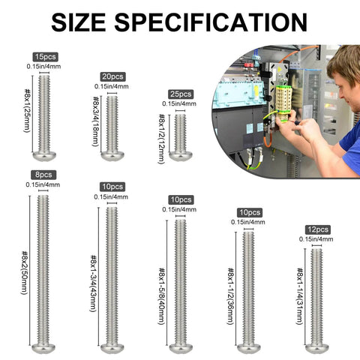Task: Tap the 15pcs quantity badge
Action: click(44, 56)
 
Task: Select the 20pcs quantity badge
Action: click(112, 76)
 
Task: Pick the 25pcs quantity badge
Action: click(181, 94)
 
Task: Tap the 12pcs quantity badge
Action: click(317, 229)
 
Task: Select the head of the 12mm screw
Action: click(180, 156)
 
